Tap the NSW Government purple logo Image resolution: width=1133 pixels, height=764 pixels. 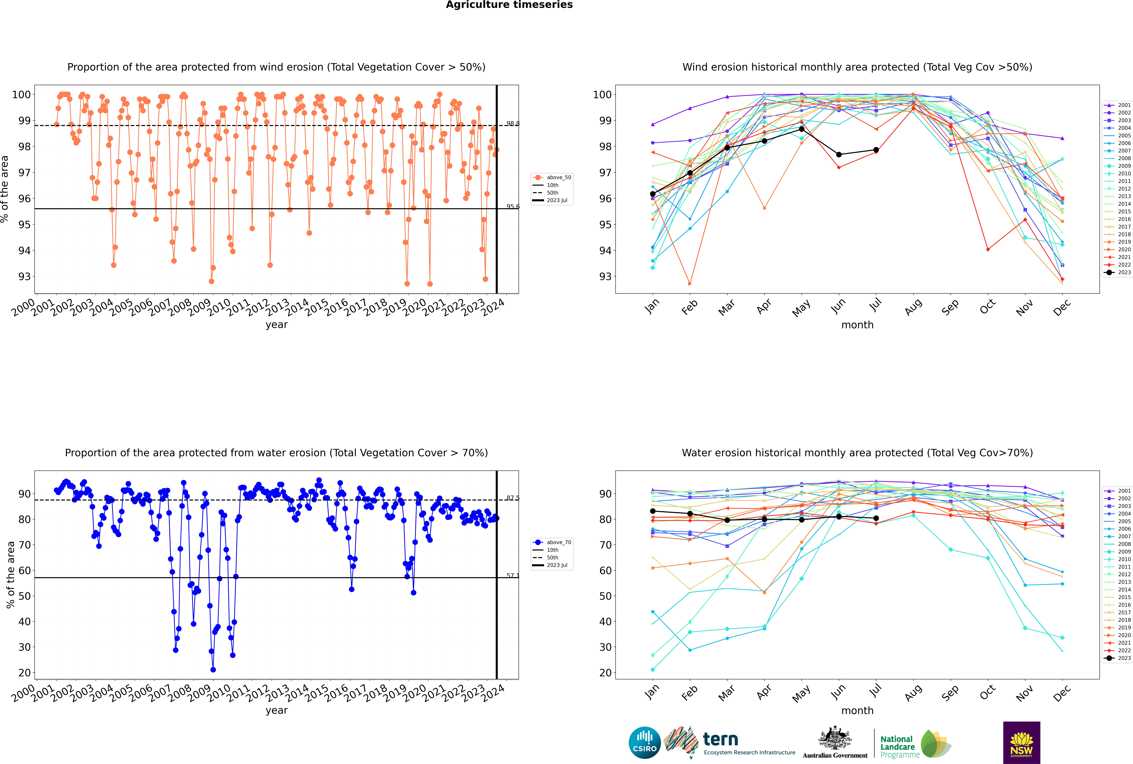(x=1021, y=742)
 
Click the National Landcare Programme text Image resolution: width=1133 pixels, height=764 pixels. (x=897, y=747)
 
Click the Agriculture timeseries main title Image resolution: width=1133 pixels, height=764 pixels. (x=509, y=5)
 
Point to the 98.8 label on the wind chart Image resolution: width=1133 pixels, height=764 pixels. (x=512, y=124)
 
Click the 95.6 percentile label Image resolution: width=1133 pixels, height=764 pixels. (x=512, y=207)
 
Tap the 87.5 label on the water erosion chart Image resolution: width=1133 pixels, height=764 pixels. (x=512, y=498)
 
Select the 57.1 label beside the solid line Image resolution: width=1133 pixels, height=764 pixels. (x=512, y=575)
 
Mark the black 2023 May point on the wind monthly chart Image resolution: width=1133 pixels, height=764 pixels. (x=802, y=129)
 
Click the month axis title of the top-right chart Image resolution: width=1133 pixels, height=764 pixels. (x=857, y=325)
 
